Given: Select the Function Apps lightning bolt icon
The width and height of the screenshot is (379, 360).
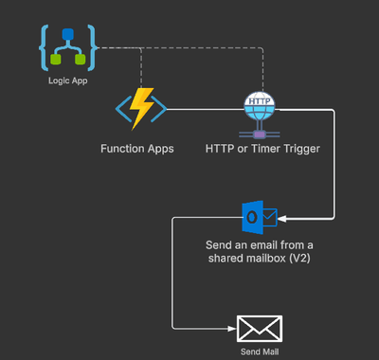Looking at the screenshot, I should tap(142, 109).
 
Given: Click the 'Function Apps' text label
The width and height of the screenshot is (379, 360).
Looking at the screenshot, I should tap(137, 149).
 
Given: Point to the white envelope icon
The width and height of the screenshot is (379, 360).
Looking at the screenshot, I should tap(260, 329).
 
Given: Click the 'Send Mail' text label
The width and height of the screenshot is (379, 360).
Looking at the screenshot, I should tap(260, 351).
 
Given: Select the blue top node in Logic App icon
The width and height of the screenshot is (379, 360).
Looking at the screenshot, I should tap(66, 34).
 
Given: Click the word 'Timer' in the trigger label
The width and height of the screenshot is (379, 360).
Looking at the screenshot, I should tap(268, 149).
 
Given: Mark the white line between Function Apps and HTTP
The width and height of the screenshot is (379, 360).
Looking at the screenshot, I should tap(204, 110).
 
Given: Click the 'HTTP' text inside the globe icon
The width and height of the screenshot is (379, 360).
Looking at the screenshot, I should tap(259, 100).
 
